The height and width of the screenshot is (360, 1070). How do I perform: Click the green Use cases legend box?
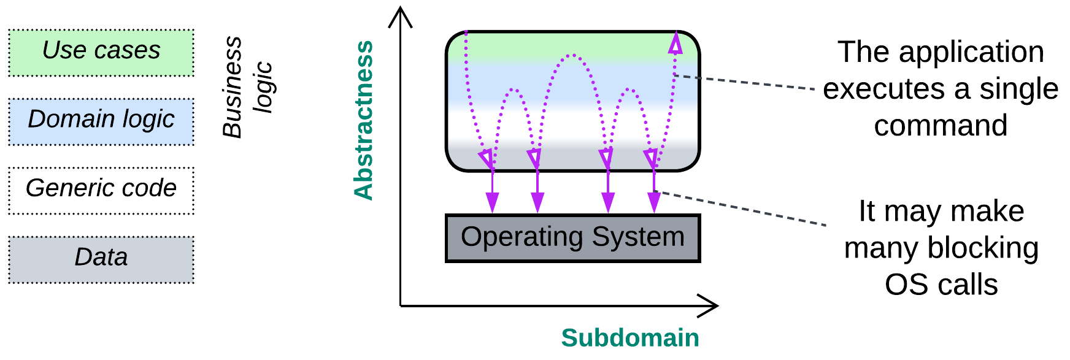pos(101,52)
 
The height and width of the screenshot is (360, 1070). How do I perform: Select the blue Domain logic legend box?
pos(101,121)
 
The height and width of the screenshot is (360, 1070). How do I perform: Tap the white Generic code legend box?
pos(101,190)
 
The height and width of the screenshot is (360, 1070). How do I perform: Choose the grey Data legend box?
pos(101,259)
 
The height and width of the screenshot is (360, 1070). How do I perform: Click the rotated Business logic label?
pos(245,87)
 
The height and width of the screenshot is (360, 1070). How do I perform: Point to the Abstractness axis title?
pos(364,120)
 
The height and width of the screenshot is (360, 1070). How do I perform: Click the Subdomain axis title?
pos(630,338)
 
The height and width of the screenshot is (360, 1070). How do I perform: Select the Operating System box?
pos(572,238)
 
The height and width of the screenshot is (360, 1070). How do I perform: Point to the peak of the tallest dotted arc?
pos(572,55)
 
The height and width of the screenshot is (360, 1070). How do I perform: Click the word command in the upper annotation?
pos(941,126)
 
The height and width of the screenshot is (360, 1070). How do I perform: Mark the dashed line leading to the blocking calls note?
pos(742,209)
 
